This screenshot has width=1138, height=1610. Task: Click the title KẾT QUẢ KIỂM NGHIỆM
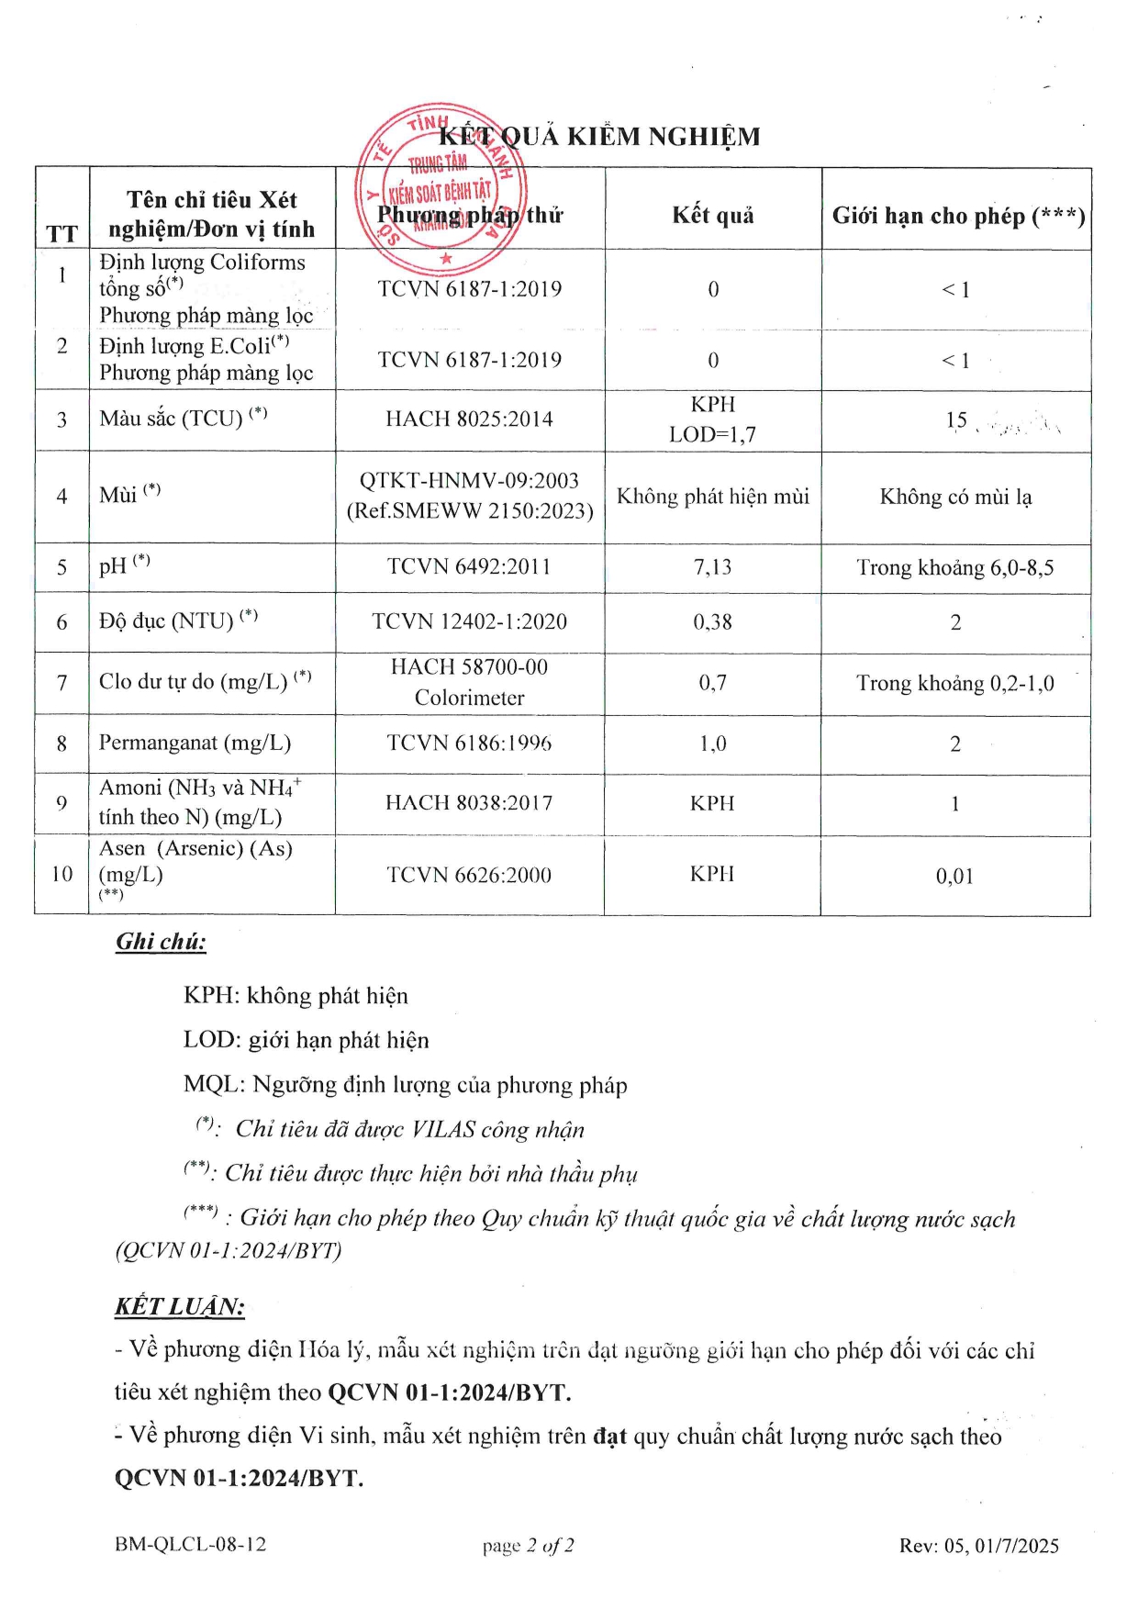[x=599, y=137]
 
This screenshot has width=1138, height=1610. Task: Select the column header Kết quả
[x=713, y=216]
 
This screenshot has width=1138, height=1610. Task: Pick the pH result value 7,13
[x=712, y=567]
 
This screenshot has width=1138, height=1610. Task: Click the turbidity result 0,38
[x=712, y=622]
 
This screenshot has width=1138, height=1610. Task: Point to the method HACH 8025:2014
[x=469, y=419]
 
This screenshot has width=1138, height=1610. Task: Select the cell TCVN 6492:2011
[x=469, y=567]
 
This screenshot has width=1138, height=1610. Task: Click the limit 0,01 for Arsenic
[x=954, y=876]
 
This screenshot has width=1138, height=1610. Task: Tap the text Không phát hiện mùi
[x=712, y=497]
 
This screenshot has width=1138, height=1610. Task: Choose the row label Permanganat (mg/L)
[x=195, y=743]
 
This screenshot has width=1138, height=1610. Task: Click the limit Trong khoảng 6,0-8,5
[x=954, y=568]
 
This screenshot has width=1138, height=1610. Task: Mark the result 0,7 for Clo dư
[x=712, y=683]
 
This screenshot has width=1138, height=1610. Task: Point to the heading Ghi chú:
[x=161, y=942]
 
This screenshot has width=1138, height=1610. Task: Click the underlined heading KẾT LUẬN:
[x=180, y=1307]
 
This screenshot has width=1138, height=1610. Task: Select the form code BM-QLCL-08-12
[x=190, y=1545]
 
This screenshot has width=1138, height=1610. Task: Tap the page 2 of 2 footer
[x=529, y=1546]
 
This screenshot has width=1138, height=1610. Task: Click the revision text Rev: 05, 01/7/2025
[x=978, y=1546]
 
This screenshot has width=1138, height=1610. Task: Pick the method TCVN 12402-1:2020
[x=469, y=621]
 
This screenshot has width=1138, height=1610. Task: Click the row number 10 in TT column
[x=61, y=874]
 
